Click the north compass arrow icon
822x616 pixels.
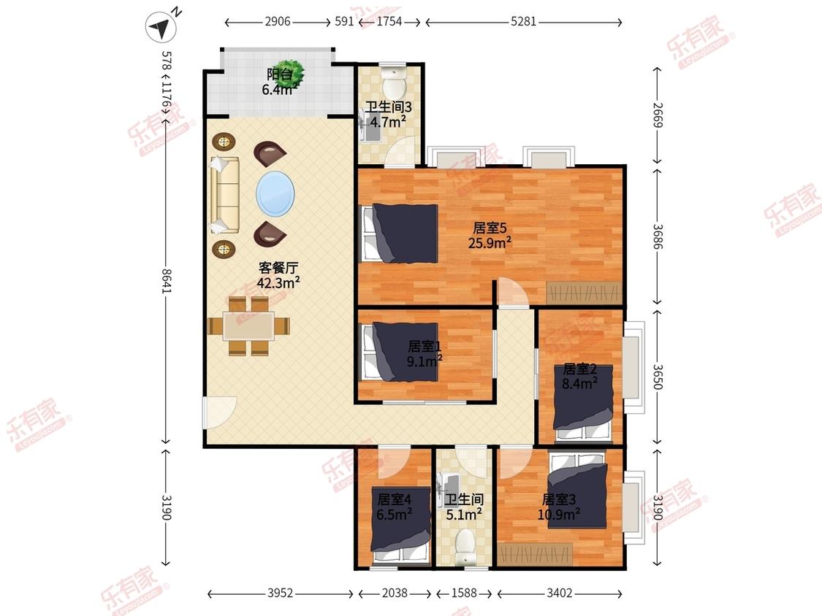tap(161, 26)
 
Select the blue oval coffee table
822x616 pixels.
tap(275, 194)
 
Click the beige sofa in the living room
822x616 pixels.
tap(224, 195)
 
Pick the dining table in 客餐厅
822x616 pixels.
tap(248, 326)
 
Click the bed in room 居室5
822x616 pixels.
tap(400, 234)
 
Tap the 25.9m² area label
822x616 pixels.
tap(490, 243)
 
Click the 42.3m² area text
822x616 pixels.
tap(278, 283)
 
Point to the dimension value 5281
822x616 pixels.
tap(523, 21)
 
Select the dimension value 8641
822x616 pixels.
tap(167, 281)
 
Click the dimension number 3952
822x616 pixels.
tap(281, 593)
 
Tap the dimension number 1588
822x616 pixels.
tap(464, 593)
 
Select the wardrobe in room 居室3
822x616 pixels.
tap(534, 555)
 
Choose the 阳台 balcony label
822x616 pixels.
tap(280, 74)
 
